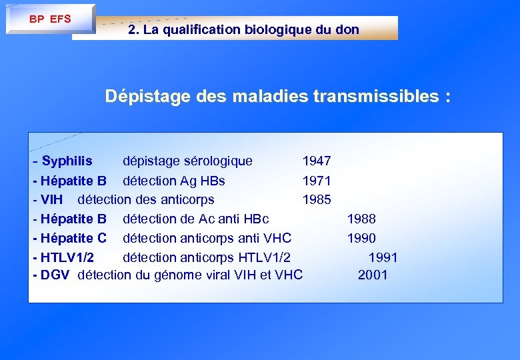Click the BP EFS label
coord(50,19)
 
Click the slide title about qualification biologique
coord(243,29)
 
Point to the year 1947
coord(317,161)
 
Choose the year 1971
coord(317,181)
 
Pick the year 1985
coord(317,199)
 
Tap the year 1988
coord(361,219)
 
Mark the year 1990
coord(361,238)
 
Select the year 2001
coord(373,275)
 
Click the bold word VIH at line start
coord(51,199)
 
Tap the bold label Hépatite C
coord(73,238)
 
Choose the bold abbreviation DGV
coord(55,275)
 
